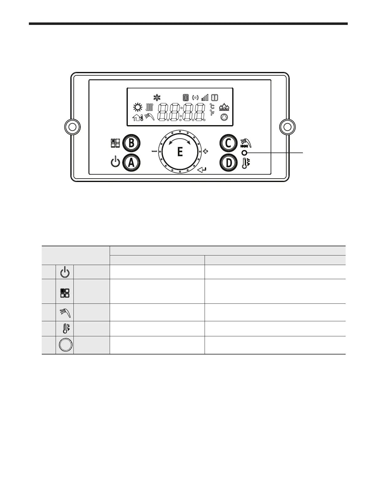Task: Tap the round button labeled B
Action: click(131, 143)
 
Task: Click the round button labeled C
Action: click(229, 143)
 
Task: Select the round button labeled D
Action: click(229, 163)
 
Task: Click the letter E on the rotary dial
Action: click(180, 152)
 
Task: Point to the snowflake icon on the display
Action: click(157, 98)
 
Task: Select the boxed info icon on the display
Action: click(215, 98)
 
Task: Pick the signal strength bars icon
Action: click(205, 98)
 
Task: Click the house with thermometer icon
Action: click(138, 117)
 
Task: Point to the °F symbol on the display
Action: click(212, 113)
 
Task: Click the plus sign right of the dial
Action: click(206, 152)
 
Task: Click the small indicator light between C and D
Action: click(245, 153)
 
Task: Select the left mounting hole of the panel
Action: click(72, 127)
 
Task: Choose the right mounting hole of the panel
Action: click(288, 127)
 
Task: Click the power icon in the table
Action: click(65, 272)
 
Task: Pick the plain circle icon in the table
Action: click(65, 345)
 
